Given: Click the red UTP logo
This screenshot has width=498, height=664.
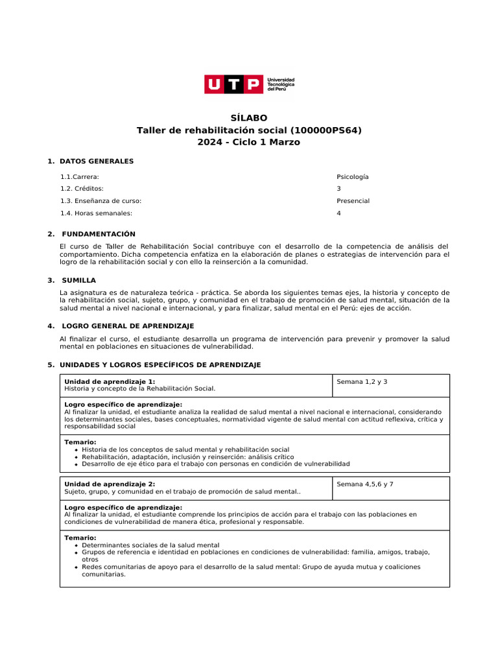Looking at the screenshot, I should pyautogui.click(x=234, y=84).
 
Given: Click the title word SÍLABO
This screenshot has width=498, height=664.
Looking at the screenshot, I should pyautogui.click(x=249, y=118).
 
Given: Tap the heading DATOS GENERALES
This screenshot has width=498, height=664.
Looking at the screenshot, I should pyautogui.click(x=96, y=161).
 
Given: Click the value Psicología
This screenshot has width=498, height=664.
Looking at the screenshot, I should pyautogui.click(x=352, y=176).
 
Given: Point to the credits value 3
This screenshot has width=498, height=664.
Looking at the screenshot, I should pyautogui.click(x=338, y=189).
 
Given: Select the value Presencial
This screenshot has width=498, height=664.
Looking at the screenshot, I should pyautogui.click(x=353, y=201).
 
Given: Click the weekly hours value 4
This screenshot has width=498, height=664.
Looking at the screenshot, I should pyautogui.click(x=338, y=213).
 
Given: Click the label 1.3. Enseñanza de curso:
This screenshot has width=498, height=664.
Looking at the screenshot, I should pyautogui.click(x=101, y=201).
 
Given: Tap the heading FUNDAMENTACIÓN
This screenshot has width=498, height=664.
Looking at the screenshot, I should pyautogui.click(x=99, y=234).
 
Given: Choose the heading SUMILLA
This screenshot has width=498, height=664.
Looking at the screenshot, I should pyautogui.click(x=78, y=280).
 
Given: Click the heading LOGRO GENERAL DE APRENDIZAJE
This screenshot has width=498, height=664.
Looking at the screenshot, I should pyautogui.click(x=128, y=326).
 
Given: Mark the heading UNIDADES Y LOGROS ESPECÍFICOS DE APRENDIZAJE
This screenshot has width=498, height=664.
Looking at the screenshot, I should pyautogui.click(x=160, y=365).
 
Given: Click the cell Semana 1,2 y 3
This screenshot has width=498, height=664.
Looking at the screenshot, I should pyautogui.click(x=362, y=382).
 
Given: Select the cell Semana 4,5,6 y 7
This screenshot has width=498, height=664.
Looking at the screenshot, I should pyautogui.click(x=365, y=484).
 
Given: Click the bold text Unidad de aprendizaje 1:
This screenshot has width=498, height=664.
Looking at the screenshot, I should pyautogui.click(x=110, y=382).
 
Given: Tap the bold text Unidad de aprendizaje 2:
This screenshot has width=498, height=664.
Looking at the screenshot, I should pyautogui.click(x=110, y=484).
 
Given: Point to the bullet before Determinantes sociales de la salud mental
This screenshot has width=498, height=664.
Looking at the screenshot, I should pyautogui.click(x=77, y=545).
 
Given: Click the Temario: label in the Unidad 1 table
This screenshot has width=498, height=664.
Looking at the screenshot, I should pyautogui.click(x=80, y=442).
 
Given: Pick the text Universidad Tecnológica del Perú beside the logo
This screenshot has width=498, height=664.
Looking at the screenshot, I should pyautogui.click(x=281, y=84).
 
